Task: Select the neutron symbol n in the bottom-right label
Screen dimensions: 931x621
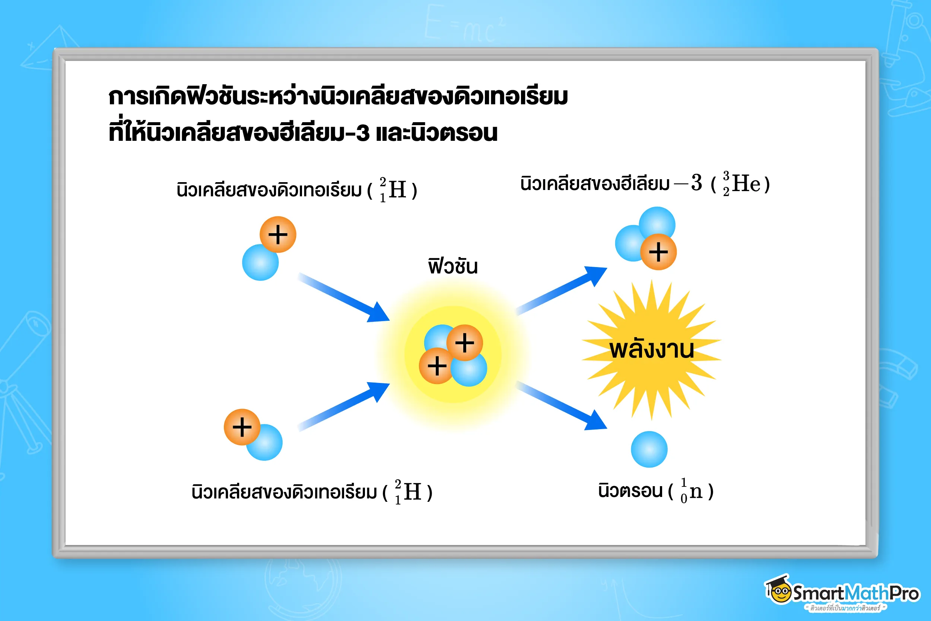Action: (696, 492)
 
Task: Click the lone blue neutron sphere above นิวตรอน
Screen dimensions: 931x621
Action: (649, 449)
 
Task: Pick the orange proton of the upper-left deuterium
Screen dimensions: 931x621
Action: (278, 234)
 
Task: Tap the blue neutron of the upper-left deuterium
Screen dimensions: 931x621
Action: (260, 263)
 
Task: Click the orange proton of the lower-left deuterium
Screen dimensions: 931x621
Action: (242, 427)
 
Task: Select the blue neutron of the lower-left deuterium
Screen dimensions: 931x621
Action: (264, 443)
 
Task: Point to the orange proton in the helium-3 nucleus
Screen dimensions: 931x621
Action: (658, 252)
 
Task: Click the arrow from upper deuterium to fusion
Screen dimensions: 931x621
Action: (344, 297)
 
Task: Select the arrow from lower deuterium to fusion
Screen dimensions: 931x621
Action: (344, 406)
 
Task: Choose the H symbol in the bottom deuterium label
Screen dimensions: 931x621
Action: (413, 491)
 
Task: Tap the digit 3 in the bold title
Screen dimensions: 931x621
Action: (363, 133)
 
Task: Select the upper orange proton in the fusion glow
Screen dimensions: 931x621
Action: (465, 343)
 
